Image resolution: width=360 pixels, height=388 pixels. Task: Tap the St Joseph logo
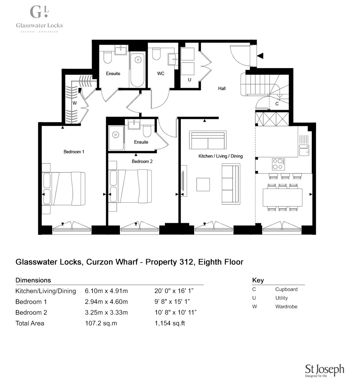(324, 370)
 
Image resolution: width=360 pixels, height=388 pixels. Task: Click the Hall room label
(222, 88)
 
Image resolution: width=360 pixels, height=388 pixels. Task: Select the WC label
(161, 73)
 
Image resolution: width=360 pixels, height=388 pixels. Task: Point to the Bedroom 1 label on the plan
(74, 152)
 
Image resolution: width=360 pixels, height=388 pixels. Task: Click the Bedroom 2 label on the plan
(142, 162)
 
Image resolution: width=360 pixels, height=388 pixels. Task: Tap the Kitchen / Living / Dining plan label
(221, 156)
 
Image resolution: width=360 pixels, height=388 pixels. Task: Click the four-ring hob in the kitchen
(278, 164)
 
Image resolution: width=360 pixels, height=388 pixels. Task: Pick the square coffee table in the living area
(203, 184)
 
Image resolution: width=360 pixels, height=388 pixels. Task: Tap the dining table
(283, 197)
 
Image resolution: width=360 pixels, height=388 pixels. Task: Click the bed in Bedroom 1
(64, 189)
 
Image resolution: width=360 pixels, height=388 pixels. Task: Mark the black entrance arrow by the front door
(260, 56)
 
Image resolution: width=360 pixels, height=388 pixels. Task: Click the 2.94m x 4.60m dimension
(106, 302)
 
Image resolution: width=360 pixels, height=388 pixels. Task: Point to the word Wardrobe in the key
(286, 307)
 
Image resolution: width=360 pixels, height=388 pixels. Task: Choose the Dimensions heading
(33, 280)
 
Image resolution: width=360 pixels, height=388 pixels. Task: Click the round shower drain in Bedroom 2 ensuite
(115, 135)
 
